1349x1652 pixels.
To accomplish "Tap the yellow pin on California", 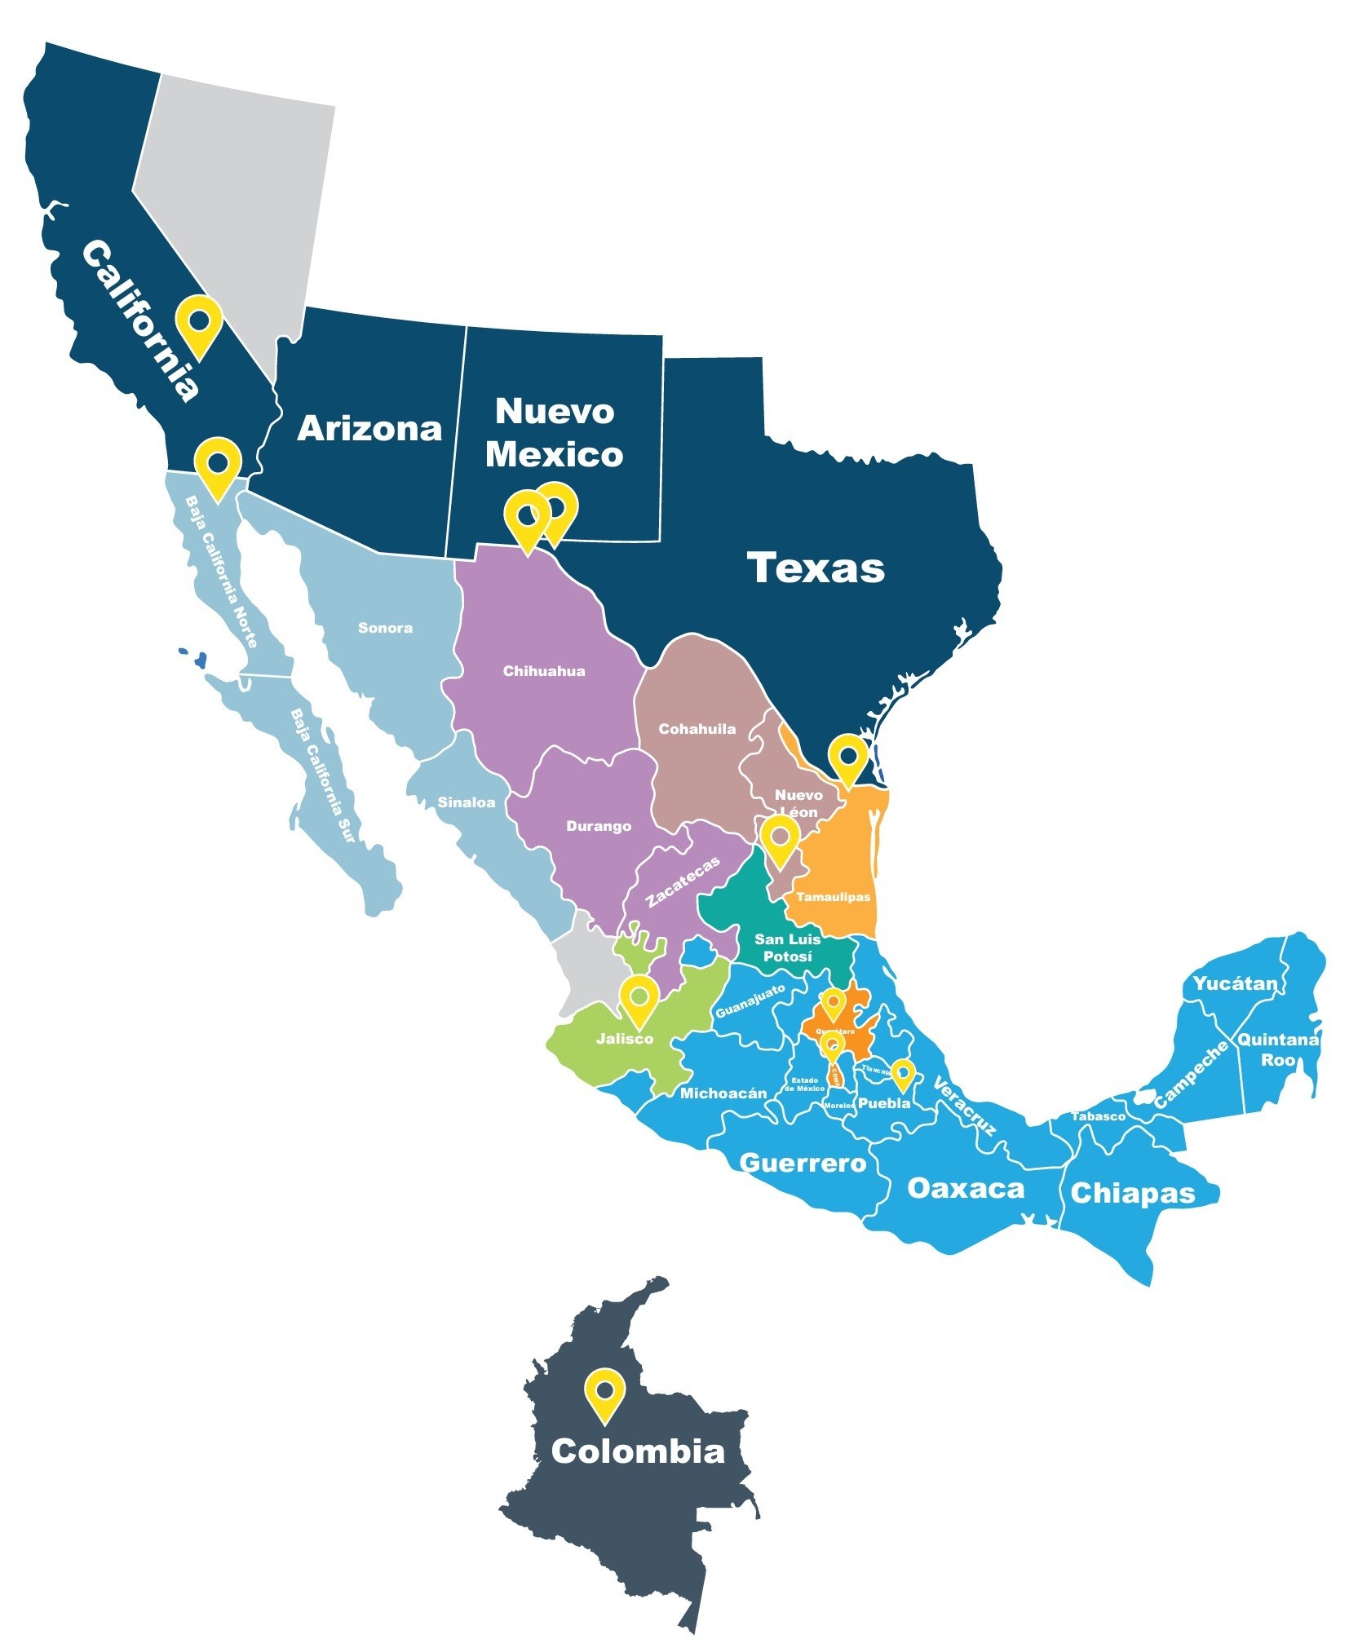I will pos(199,321).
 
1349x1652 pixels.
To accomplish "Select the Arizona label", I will pos(369,429).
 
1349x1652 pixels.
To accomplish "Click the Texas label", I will pos(815,568).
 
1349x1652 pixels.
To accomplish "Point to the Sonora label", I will pos(385,628).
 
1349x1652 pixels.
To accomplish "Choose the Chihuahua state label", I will pos(543,671).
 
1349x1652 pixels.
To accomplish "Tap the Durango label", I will pos(598,826).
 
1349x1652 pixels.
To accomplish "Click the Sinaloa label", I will pos(466,802).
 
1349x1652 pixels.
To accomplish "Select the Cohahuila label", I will pos(697,729).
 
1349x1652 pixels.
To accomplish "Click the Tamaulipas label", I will pos(833,897).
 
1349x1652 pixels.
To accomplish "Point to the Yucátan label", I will pos(1235,983).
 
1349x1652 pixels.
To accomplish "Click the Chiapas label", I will pos(1132,1194).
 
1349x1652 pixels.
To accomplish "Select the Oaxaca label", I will pos(965,1188).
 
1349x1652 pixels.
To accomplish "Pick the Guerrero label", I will pos(802,1163).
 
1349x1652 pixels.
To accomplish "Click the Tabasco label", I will pos(1098,1116).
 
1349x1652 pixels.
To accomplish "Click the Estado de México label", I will pos(804,1084).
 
